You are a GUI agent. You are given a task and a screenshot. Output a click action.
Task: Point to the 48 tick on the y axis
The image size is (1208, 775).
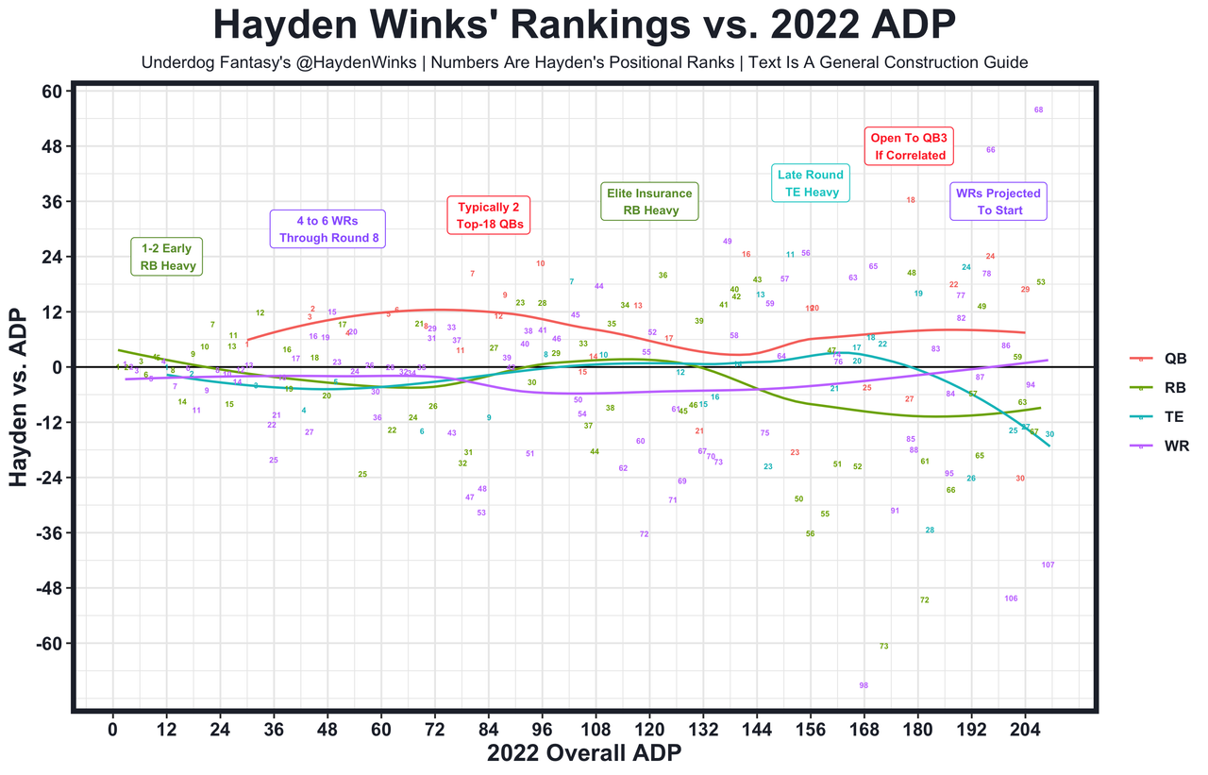click(x=50, y=147)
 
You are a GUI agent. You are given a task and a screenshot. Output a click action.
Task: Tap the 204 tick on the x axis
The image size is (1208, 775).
click(x=1025, y=729)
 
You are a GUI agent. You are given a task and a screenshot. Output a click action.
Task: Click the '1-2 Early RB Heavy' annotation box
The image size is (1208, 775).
click(x=167, y=257)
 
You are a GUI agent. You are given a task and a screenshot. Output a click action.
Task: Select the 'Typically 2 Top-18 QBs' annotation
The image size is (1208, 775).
click(x=489, y=216)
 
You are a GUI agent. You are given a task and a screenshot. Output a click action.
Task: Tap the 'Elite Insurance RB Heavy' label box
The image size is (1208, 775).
click(x=649, y=202)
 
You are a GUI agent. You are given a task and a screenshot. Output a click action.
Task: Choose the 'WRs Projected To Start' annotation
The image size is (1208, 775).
click(x=998, y=202)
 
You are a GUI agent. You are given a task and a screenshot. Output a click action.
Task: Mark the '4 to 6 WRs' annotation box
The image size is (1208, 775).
click(x=327, y=228)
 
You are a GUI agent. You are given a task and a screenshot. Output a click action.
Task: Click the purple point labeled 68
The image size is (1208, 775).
click(x=1039, y=110)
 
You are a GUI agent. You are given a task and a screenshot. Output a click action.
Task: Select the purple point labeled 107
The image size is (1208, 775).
click(x=1048, y=564)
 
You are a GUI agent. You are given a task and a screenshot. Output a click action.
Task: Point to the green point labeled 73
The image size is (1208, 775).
click(x=883, y=647)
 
